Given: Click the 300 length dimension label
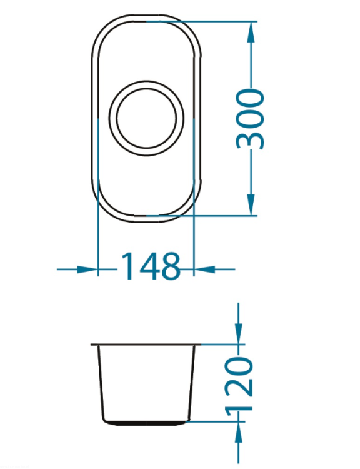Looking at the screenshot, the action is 250,119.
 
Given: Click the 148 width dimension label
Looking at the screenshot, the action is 151,266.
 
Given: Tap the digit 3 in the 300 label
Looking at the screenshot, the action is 250,140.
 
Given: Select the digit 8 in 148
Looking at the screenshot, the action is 170,266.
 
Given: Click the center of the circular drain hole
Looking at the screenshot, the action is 146,118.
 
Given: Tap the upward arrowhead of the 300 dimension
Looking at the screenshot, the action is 251,32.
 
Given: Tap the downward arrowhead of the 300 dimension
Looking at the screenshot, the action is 251,204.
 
